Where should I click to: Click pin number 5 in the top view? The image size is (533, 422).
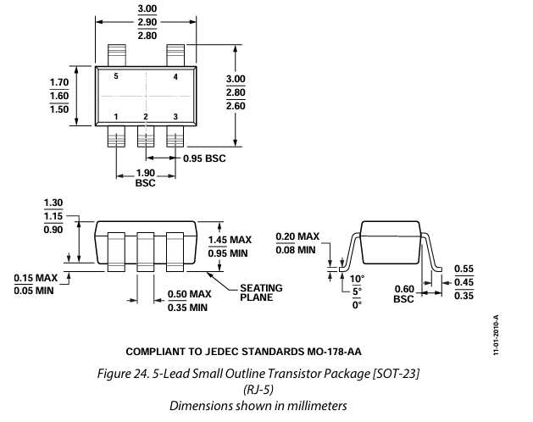pos(116,76)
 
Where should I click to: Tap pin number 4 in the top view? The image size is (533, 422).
pos(175,76)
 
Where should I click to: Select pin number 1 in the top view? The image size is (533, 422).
pos(116,116)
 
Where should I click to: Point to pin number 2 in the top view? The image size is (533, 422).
pos(146,116)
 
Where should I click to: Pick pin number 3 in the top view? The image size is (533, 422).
pos(175,116)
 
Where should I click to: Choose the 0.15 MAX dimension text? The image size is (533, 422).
pos(36,276)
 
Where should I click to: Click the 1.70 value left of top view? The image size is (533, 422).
pos(58,82)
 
